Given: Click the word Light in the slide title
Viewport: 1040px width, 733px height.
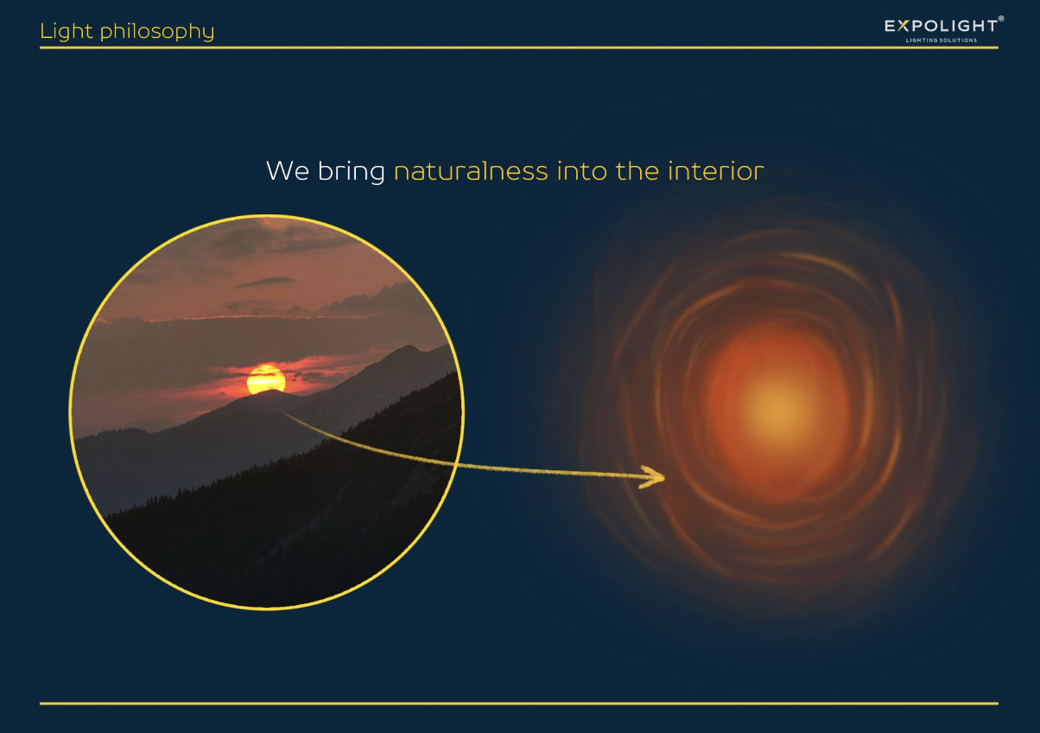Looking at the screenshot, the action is coord(67,32).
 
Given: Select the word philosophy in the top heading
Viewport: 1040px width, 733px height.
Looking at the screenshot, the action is coord(157,32).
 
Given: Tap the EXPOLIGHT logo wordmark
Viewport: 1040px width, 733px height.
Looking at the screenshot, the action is coord(942,26).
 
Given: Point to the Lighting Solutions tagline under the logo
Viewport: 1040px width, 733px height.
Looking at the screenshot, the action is coord(942,41).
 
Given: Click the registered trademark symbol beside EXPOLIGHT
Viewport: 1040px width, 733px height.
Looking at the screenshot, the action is coord(1001,18).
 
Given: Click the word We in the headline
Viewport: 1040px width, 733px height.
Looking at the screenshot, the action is coord(288,171).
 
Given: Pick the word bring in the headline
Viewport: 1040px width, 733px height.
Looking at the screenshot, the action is coord(351,172).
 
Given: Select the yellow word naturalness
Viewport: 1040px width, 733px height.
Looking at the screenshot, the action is coord(471,171).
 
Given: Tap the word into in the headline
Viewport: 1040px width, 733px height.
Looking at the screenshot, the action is coord(581,171).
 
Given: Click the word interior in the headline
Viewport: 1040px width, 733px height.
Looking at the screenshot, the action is coord(716,171).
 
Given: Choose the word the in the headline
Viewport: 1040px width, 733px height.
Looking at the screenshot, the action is coord(637,171).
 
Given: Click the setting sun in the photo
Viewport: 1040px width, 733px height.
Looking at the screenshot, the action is coord(266,379).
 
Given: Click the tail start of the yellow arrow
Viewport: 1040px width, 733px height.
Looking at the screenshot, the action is coord(280,411).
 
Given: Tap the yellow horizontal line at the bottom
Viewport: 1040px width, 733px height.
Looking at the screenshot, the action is coord(519,704).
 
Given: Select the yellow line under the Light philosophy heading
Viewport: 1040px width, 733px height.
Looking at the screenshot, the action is coord(519,48).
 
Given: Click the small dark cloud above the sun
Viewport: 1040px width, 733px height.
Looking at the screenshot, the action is coord(265,282).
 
